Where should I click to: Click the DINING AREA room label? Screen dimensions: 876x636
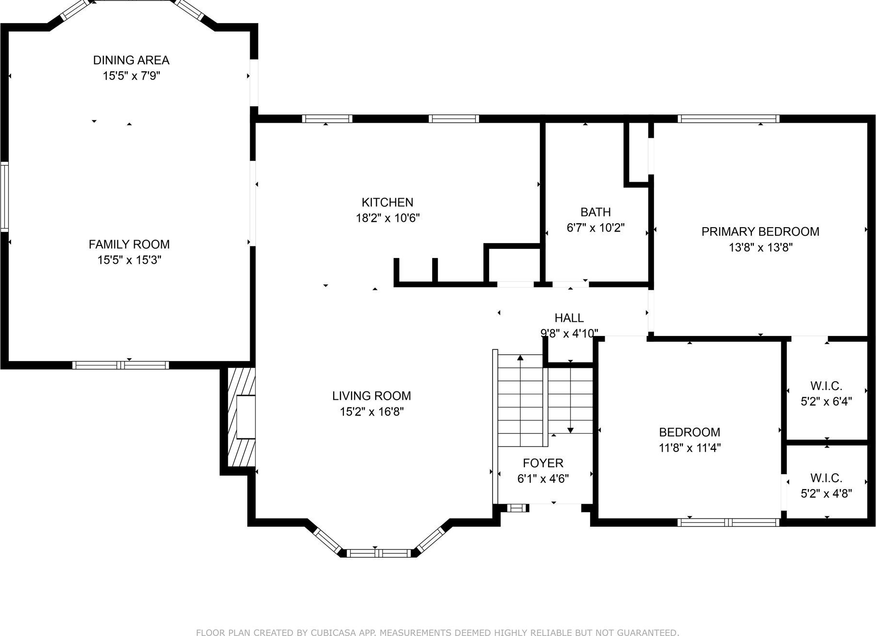pyautogui.click(x=131, y=60)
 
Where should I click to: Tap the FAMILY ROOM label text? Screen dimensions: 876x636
pyautogui.click(x=129, y=245)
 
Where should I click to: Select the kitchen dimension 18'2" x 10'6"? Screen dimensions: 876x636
pyautogui.click(x=388, y=218)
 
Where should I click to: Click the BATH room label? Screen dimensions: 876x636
pyautogui.click(x=595, y=212)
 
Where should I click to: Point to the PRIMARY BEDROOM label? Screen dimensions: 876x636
pyautogui.click(x=760, y=232)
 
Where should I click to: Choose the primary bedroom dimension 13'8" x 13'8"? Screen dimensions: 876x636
pyautogui.click(x=761, y=247)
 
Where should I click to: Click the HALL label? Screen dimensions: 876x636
pyautogui.click(x=569, y=318)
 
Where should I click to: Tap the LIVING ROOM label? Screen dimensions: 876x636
pyautogui.click(x=371, y=396)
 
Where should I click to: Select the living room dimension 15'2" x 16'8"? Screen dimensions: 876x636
pyautogui.click(x=371, y=412)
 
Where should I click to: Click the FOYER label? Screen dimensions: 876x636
pyautogui.click(x=543, y=463)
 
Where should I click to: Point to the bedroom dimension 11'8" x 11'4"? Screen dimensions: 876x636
pyautogui.click(x=690, y=448)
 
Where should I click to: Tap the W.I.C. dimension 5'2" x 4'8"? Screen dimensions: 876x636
pyautogui.click(x=826, y=493)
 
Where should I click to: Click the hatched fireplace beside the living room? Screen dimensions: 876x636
pyautogui.click(x=241, y=417)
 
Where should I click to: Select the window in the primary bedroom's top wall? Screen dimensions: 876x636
pyautogui.click(x=728, y=118)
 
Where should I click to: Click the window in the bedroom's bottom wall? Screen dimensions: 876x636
pyautogui.click(x=728, y=522)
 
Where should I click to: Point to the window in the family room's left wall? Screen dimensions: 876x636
pyautogui.click(x=4, y=197)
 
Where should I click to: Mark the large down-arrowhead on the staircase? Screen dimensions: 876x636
pyautogui.click(x=570, y=430)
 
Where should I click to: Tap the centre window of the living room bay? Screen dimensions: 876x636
pyautogui.click(x=379, y=553)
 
